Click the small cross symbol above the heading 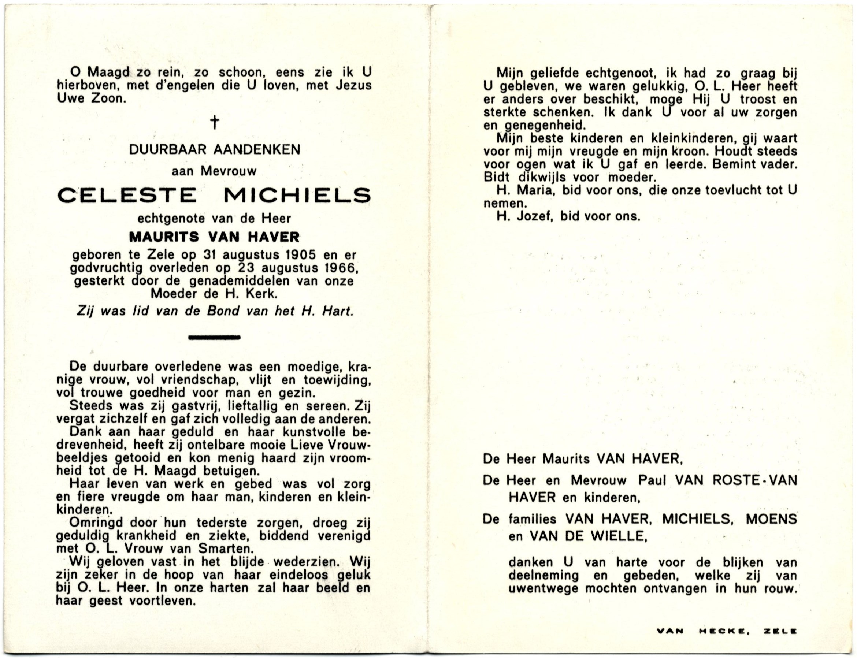pos(214,123)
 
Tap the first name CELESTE pos(127,195)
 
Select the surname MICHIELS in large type pos(297,195)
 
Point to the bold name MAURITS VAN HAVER pos(214,237)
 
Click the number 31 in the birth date pos(210,255)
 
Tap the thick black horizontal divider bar pos(214,337)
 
